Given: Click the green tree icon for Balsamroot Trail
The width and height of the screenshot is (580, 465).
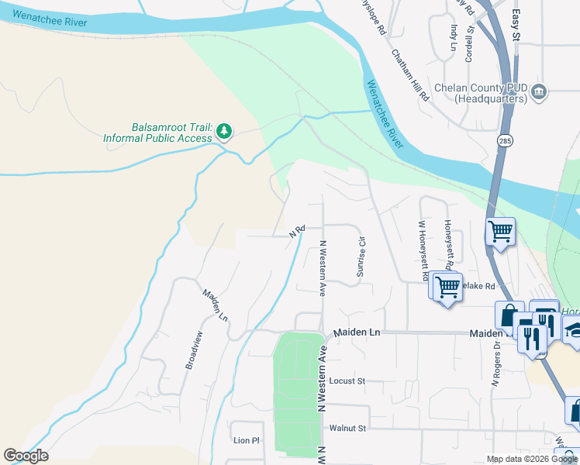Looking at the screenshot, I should point(224,131).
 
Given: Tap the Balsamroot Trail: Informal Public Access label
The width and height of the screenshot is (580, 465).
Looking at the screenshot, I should point(157,133).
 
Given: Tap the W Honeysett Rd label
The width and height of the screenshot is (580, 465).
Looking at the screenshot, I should point(423,250).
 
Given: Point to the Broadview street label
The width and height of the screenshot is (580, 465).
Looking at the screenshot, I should point(194,350).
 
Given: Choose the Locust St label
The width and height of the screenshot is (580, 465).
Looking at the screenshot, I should point(347,381).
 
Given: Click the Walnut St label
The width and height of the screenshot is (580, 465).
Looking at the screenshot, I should point(347,428).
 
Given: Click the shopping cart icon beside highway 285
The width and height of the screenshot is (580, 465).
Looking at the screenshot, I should point(501,230).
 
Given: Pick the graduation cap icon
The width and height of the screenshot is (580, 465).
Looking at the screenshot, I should point(575,329).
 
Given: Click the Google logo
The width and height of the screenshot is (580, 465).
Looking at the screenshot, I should point(26,456).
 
